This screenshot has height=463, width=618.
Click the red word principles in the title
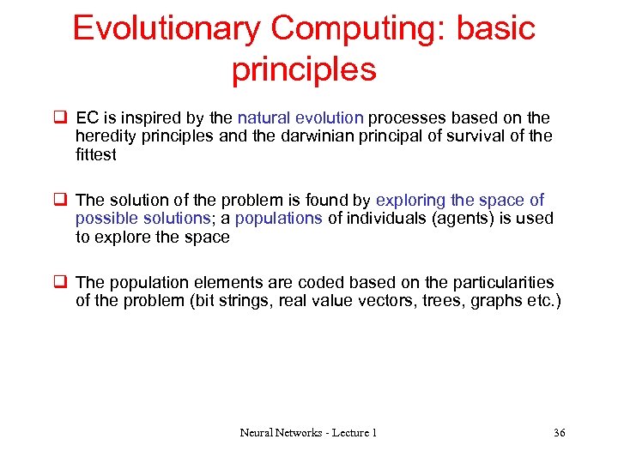click(304, 69)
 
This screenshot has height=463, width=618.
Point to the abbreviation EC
click(88, 117)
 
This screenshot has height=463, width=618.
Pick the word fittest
click(95, 155)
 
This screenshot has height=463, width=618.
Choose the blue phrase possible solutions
click(142, 219)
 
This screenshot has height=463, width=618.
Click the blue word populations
click(278, 219)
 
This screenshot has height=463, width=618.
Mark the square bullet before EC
click(60, 117)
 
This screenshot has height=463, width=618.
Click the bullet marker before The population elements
click(60, 282)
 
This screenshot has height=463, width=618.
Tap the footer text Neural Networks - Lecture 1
click(308, 432)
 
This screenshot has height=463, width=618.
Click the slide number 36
click(559, 432)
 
